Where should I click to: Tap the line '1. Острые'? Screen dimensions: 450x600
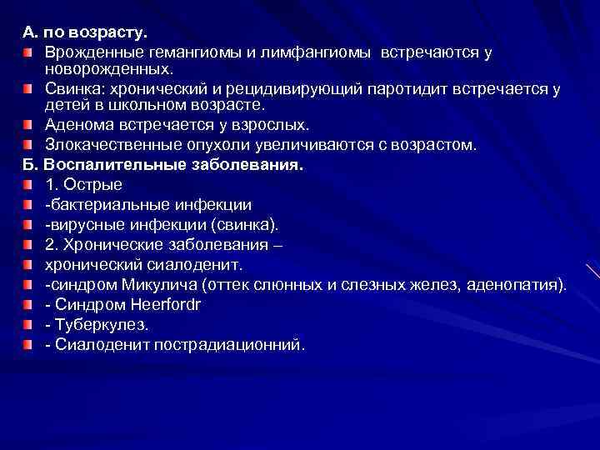click(84, 184)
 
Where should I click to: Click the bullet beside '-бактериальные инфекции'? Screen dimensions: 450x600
click(28, 204)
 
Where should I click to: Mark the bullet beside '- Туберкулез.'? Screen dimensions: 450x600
click(28, 324)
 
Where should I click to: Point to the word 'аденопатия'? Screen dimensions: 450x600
click(516, 285)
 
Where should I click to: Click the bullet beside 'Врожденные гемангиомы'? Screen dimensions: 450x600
click(28, 53)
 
